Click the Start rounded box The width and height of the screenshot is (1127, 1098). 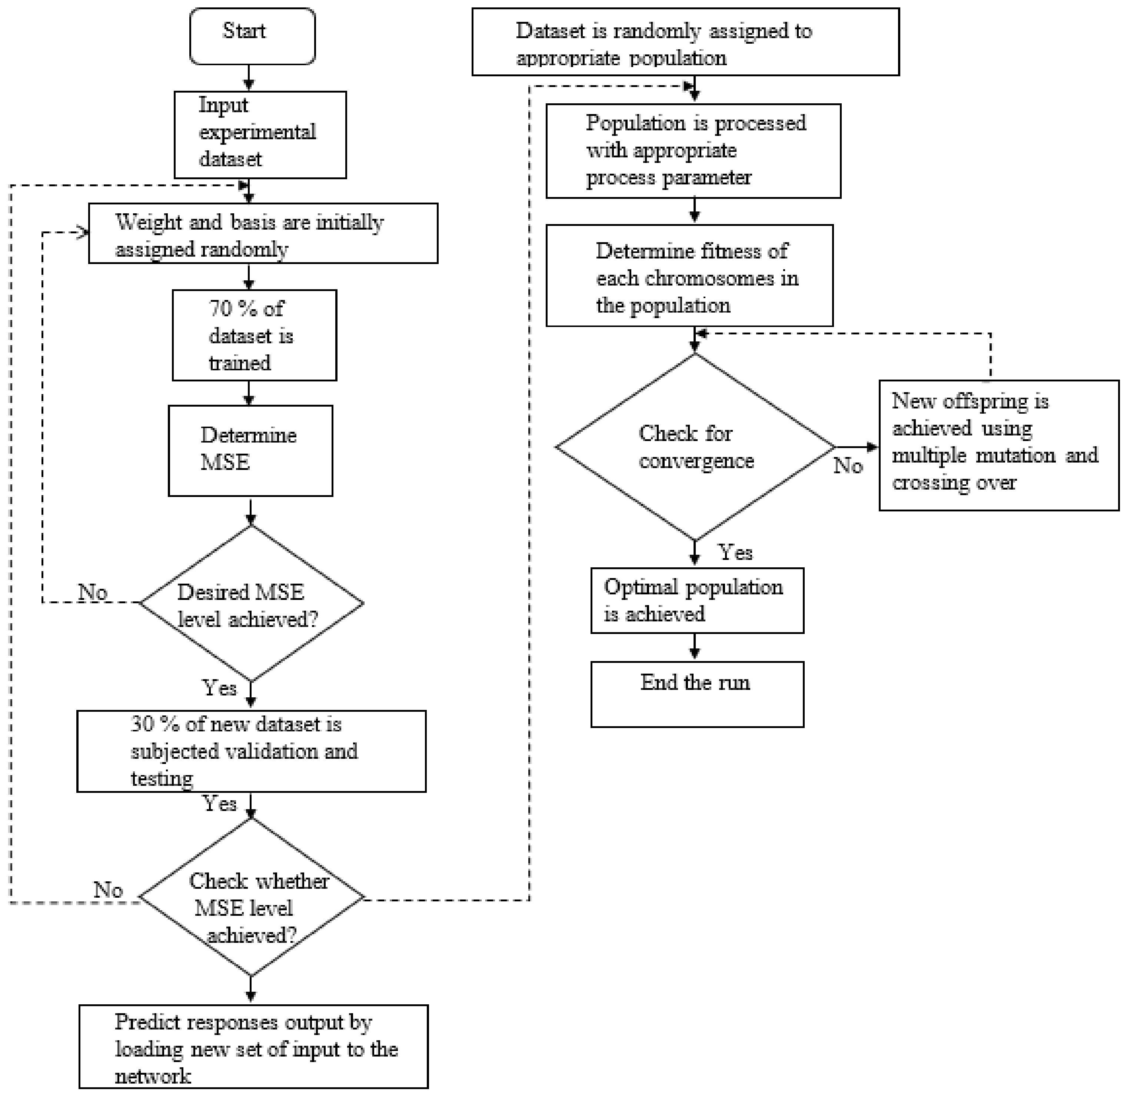click(252, 36)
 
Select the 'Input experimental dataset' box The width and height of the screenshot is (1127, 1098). click(260, 134)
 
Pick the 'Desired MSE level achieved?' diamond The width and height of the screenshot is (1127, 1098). click(251, 604)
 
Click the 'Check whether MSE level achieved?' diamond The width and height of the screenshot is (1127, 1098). click(252, 897)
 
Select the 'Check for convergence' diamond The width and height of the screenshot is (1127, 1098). click(694, 447)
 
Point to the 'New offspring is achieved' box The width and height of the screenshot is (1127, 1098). click(998, 445)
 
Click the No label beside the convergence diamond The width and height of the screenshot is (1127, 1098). click(848, 465)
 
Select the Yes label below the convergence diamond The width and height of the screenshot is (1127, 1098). click(735, 553)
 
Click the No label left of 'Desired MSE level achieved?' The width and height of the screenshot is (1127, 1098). click(92, 592)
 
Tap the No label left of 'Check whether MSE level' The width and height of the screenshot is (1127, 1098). click(108, 890)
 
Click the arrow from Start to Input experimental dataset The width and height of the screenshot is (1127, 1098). click(249, 77)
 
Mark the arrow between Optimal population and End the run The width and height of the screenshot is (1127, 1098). click(694, 647)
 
